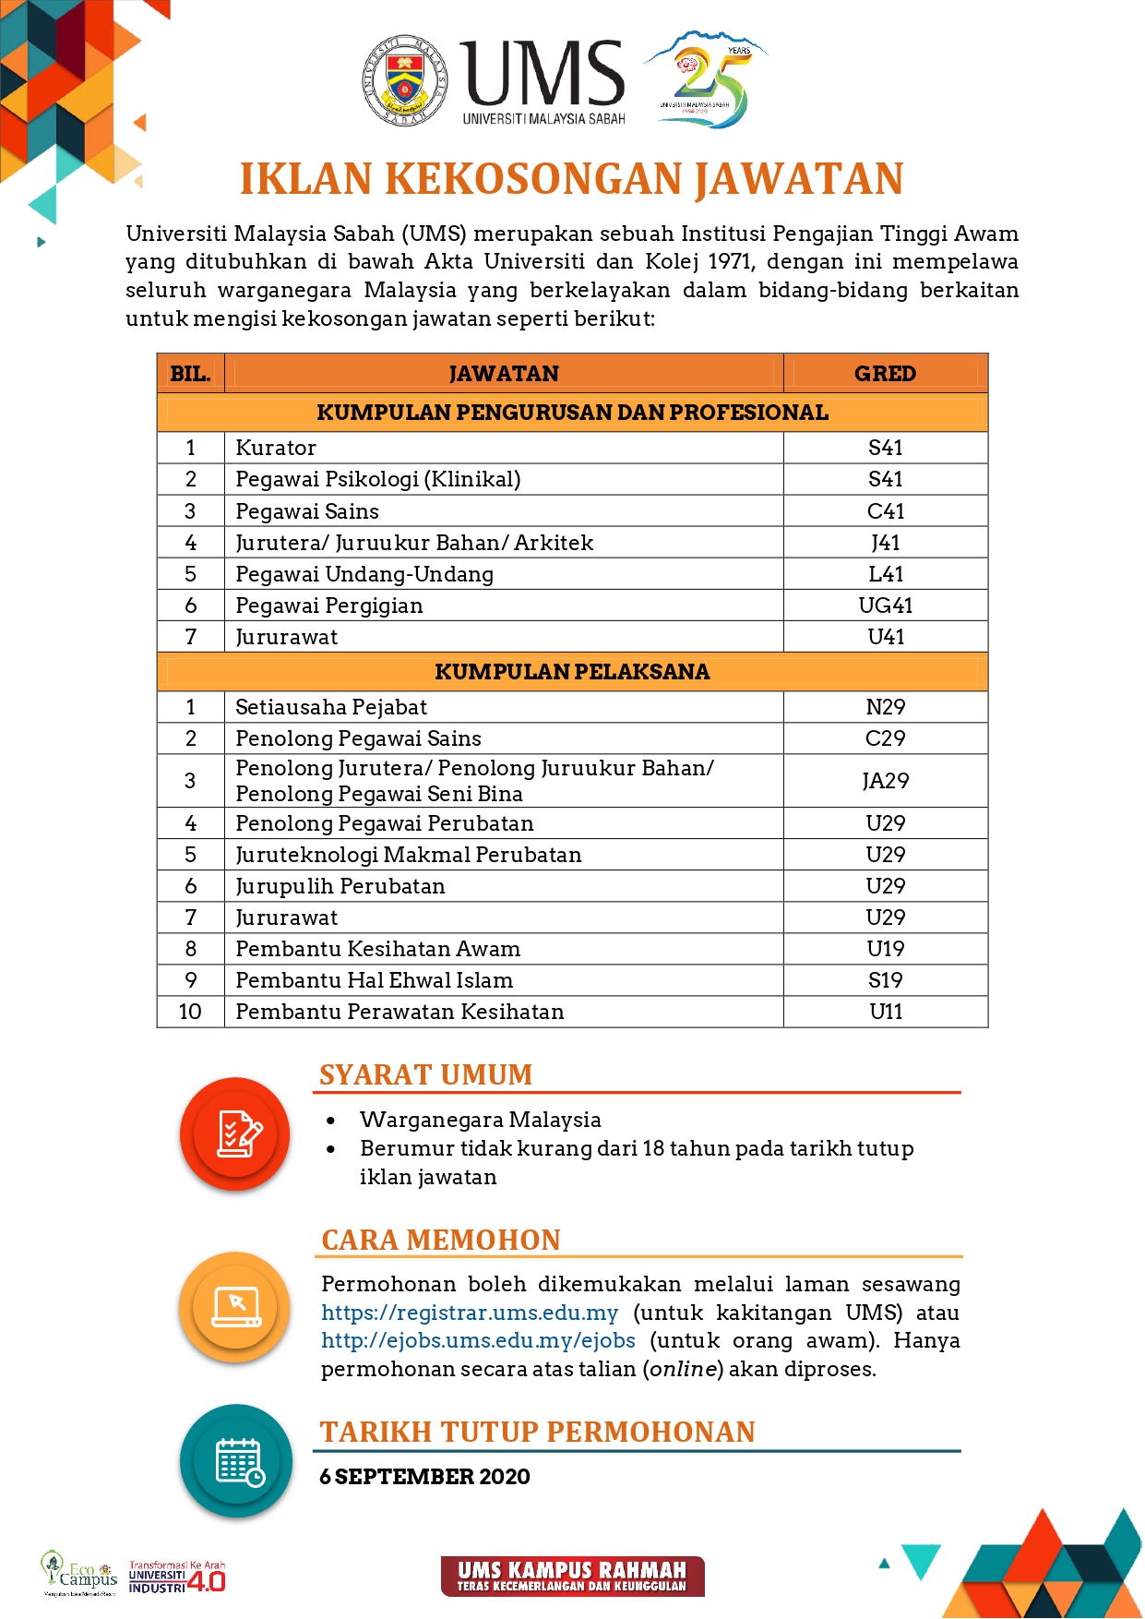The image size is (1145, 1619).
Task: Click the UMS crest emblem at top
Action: pos(405,81)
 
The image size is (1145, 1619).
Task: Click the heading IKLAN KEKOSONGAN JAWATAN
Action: pos(571,179)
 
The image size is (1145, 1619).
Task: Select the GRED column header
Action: pos(885,374)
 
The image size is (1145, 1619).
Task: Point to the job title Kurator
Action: pos(276,448)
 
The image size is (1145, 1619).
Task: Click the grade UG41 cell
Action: pos(885,606)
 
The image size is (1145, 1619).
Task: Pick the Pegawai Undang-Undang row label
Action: pos(364,574)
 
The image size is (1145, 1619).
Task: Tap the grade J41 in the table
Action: pos(885,543)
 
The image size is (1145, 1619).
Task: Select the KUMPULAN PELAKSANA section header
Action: pos(572,672)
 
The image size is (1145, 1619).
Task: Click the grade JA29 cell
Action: pos(885,781)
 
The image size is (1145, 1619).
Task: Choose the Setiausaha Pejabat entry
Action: pos(331,707)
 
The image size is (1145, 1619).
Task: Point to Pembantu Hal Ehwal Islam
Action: pos(374,980)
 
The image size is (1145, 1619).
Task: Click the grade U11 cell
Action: pos(885,1012)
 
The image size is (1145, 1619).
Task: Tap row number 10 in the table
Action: pos(190,1012)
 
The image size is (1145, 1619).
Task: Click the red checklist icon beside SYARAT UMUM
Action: pos(235,1133)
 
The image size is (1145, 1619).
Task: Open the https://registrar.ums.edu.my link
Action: pos(470,1313)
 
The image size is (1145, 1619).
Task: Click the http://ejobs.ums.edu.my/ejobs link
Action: pos(478,1340)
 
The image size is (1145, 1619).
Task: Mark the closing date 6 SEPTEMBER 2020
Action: pos(424,1477)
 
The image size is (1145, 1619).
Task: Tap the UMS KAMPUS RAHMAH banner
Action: pos(572,1576)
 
